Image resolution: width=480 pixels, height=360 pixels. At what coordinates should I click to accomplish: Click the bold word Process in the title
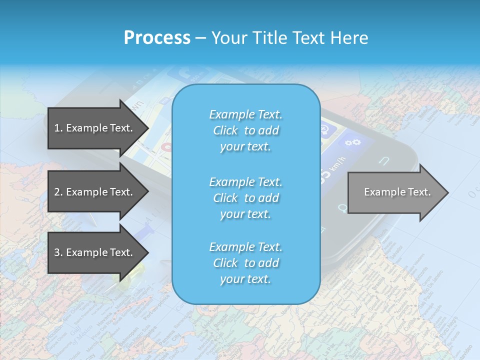tap(157, 38)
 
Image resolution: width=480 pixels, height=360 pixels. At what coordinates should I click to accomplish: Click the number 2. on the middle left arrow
tap(58, 192)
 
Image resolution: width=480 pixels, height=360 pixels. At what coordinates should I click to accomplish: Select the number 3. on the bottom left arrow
tap(58, 252)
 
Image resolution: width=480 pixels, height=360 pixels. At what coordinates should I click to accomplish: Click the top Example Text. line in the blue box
tap(245, 114)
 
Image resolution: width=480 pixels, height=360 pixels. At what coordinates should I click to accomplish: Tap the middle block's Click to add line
tap(245, 198)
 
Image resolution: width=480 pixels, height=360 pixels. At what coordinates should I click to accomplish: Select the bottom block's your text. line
tap(245, 279)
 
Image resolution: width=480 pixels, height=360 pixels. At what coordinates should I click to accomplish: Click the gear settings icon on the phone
tap(353, 142)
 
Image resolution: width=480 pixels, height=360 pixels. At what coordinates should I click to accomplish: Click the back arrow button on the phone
tap(384, 161)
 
